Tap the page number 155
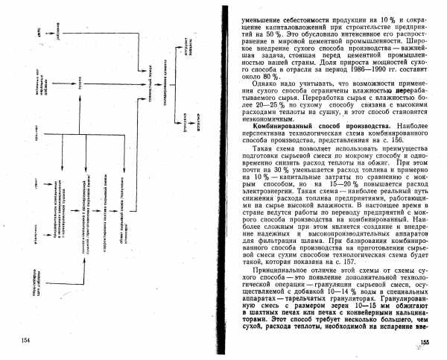tap(425, 341)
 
